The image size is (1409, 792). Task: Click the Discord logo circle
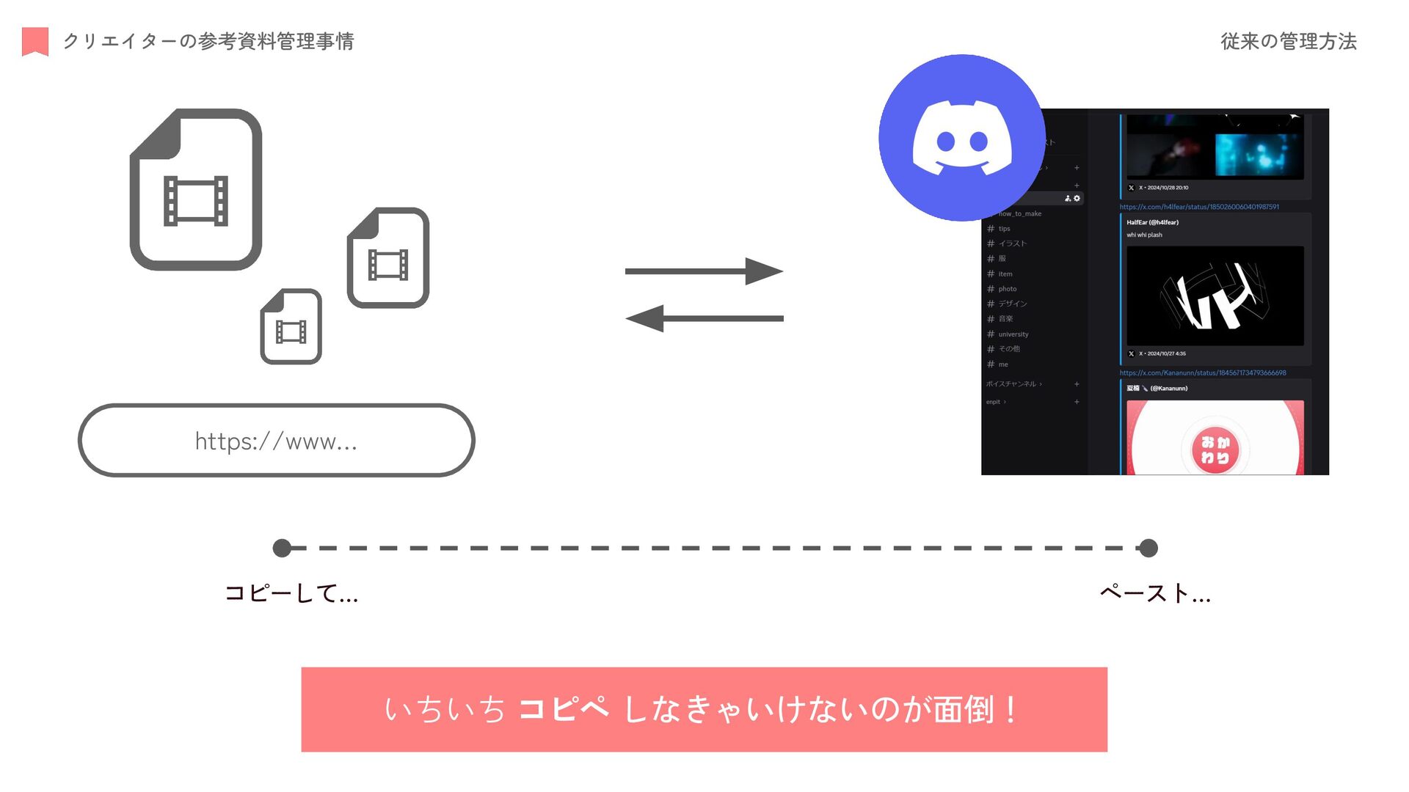[961, 138]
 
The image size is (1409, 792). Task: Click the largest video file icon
[196, 190]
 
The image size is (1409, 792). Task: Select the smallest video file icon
[291, 326]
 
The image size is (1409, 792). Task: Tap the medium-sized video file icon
[388, 257]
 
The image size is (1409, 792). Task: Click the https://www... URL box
[276, 441]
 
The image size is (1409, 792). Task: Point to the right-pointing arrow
[704, 271]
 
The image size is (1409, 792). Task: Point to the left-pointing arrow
[704, 318]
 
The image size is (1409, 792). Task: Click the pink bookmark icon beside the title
[35, 41]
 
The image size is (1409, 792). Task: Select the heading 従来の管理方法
[1288, 41]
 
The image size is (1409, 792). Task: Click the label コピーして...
[291, 593]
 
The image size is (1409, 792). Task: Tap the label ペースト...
[1154, 593]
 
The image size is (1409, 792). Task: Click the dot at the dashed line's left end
[282, 548]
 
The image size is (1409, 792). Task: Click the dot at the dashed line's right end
[1148, 548]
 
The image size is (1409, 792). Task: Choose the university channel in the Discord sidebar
[1013, 334]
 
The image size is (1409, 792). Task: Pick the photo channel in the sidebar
[1007, 289]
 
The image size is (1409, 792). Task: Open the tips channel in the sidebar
[1004, 229]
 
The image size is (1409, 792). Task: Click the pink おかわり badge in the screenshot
[1215, 450]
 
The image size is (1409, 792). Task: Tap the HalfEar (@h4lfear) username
[1152, 222]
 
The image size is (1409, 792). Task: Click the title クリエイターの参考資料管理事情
[208, 41]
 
